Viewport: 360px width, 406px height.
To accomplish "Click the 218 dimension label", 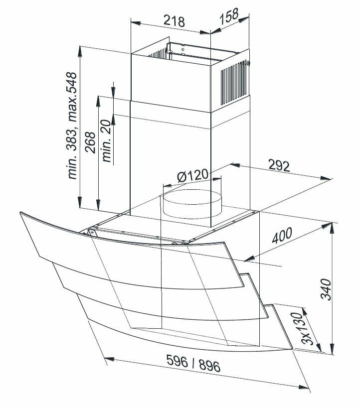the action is tap(174, 21).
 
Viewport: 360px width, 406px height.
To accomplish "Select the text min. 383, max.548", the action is tap(72, 126).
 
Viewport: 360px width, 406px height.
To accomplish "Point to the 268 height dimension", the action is tap(90, 142).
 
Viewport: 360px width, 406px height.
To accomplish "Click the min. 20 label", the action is tap(107, 140).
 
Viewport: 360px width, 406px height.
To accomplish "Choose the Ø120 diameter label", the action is tap(192, 175).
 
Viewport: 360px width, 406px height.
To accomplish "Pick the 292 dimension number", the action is tap(279, 166).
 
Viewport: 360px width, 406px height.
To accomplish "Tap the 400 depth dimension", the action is tap(282, 235).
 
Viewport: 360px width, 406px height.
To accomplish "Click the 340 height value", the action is tap(326, 289).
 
